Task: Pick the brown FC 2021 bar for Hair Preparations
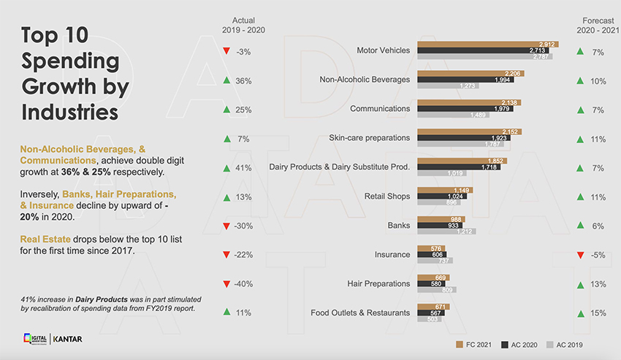coord(433,277)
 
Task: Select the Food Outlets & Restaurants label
coord(360,313)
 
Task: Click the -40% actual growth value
coord(244,283)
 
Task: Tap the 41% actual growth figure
coord(244,167)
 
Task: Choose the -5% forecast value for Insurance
coord(598,255)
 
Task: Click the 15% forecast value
coord(598,313)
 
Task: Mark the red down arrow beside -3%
coord(226,52)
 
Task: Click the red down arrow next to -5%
coord(579,255)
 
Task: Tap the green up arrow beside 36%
coord(226,80)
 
